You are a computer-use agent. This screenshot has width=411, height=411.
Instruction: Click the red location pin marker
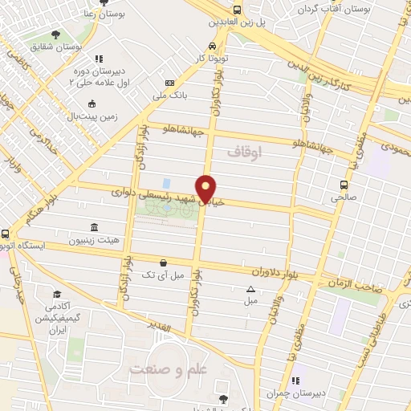206,189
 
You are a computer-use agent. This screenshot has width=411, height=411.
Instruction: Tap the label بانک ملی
170,97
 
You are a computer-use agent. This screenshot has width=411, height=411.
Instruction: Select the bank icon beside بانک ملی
169,83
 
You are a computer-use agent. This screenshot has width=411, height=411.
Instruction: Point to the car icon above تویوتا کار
211,46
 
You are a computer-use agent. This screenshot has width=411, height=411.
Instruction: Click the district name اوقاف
245,150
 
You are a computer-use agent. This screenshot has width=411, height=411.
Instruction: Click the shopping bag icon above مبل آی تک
164,262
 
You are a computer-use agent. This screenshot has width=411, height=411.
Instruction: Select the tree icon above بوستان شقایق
55,34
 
